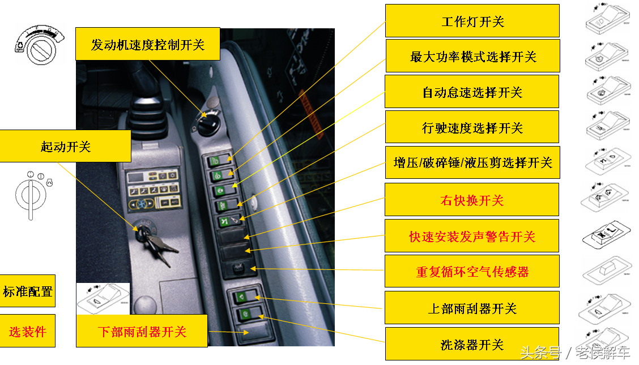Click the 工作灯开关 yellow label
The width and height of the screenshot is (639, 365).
coord(472,21)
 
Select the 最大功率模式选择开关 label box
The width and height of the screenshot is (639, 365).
coord(472,56)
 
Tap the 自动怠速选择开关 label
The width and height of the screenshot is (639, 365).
coord(472,92)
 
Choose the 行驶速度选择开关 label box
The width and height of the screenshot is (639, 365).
coord(472,127)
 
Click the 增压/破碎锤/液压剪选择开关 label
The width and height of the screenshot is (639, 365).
coord(472,162)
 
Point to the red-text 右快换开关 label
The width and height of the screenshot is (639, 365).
coord(472,200)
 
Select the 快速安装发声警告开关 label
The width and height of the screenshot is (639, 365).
coord(472,236)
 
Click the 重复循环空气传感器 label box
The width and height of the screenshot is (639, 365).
coord(472,272)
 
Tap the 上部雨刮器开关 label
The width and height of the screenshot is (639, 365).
coord(472,308)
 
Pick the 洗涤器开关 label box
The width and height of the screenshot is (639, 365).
coord(472,344)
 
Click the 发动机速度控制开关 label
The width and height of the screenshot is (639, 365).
coord(147,44)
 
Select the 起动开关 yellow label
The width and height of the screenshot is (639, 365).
coord(65,146)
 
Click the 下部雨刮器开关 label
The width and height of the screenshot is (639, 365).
coord(142,331)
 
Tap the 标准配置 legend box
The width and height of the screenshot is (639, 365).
coord(27,291)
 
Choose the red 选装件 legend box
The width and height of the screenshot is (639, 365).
coord(27,331)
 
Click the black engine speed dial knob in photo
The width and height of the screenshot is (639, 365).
coord(208,123)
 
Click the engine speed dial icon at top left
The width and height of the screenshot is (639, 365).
coord(40,45)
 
